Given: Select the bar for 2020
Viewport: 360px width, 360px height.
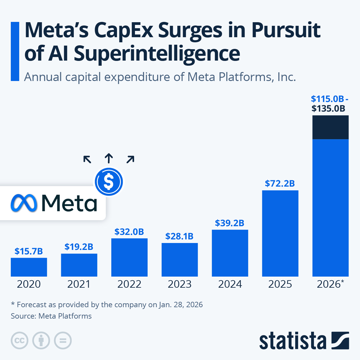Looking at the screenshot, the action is [x=29, y=267].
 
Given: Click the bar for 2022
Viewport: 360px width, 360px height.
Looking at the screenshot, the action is [x=129, y=257].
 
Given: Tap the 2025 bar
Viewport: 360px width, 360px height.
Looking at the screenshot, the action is [x=280, y=233].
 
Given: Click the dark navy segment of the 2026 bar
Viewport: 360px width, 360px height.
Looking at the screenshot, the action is [x=330, y=127].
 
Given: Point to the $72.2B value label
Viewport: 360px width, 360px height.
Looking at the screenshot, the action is [x=280, y=184].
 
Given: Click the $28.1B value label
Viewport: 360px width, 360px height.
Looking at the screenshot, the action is [x=179, y=236].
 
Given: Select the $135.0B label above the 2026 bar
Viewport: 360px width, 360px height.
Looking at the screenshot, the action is [x=328, y=108].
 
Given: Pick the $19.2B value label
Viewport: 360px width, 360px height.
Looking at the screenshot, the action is [x=79, y=247].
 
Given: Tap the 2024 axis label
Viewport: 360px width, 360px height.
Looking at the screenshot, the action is [x=230, y=284].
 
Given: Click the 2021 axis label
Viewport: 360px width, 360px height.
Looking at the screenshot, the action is [x=79, y=284].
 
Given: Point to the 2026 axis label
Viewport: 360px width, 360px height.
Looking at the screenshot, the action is [x=330, y=284].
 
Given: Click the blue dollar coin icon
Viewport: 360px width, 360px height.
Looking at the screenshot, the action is [x=109, y=182].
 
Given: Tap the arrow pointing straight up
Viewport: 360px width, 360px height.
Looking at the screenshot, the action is [x=109, y=158].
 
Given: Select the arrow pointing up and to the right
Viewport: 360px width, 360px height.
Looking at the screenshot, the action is [x=130, y=160].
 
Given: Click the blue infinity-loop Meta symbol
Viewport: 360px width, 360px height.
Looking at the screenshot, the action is [x=24, y=203].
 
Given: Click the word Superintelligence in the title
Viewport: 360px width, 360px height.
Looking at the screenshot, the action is [x=157, y=53].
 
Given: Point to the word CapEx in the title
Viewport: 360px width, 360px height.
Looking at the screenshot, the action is [x=124, y=31].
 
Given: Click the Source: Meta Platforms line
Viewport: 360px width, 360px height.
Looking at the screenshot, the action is [x=51, y=316].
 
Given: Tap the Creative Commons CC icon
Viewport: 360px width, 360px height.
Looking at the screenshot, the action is [x=19, y=340].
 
